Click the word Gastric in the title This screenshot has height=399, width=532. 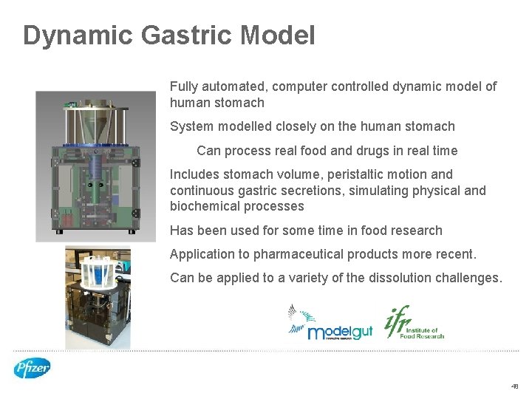pos(189,35)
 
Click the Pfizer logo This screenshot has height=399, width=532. pos(32,367)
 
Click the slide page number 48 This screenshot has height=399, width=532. pos(514,386)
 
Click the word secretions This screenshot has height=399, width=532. pos(319,191)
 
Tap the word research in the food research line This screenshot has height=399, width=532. pos(415,231)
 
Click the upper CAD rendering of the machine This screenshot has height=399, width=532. pos(96,166)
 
